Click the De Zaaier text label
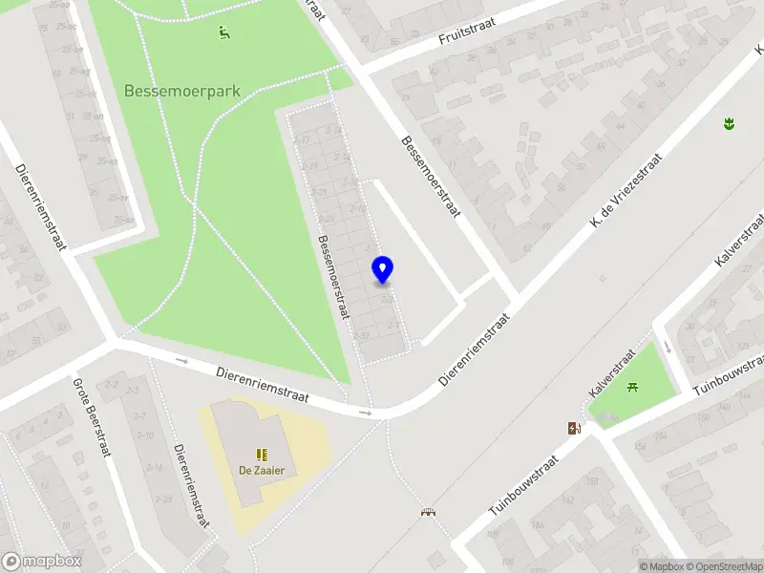(261, 470)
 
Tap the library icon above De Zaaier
(261, 454)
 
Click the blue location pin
(383, 270)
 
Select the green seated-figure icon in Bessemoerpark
(223, 32)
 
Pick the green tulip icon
(729, 123)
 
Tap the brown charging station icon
(574, 429)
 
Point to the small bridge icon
(428, 512)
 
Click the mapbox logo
(42, 562)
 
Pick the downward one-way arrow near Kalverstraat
(667, 346)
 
